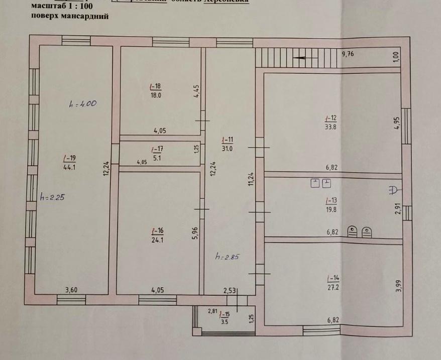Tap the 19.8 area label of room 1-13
[x=330, y=209]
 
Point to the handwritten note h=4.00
[x=83, y=104]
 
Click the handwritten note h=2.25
[x=53, y=197]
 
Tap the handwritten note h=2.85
[x=228, y=257]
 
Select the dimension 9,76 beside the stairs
[x=348, y=54]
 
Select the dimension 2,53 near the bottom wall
[x=231, y=290]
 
